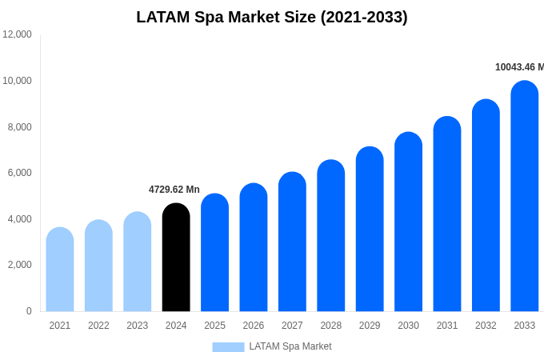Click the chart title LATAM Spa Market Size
[x=272, y=17]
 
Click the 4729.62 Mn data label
[x=174, y=190]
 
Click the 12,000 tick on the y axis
[x=17, y=34]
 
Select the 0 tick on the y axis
[x=29, y=311]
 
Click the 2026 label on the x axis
[x=254, y=326]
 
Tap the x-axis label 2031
[x=447, y=326]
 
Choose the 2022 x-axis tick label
[x=98, y=326]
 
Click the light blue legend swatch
[x=228, y=347]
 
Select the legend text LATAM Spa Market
[x=290, y=346]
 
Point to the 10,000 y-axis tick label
[x=17, y=81]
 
